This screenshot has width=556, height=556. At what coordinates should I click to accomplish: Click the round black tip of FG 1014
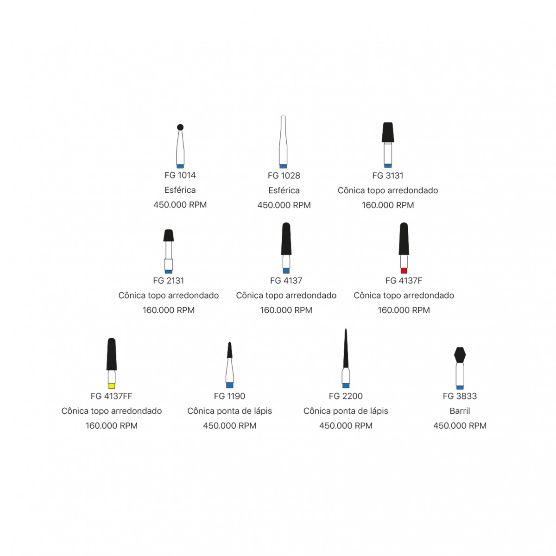point(180,127)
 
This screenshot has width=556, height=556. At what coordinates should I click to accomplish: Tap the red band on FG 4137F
point(404,270)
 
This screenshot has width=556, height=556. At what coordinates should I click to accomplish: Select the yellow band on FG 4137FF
point(111,386)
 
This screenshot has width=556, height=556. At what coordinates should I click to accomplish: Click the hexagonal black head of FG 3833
point(460,354)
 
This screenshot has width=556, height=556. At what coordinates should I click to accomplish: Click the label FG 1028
point(284,176)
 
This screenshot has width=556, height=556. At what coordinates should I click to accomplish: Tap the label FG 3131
point(387,176)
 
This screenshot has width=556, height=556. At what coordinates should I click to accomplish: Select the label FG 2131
point(168,280)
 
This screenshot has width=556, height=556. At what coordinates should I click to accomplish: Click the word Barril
point(460,411)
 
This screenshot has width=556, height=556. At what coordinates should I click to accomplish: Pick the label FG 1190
point(229,396)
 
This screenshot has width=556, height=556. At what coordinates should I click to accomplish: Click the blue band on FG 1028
point(283,166)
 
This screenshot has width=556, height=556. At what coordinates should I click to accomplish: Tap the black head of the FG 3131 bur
point(388,132)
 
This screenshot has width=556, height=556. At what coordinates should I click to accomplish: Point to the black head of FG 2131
point(169,235)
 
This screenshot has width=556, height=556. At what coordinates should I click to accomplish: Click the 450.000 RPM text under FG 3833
point(460,426)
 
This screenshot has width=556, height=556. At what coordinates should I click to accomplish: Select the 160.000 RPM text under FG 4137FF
point(111,426)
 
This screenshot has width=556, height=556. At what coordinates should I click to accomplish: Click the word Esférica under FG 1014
point(180,190)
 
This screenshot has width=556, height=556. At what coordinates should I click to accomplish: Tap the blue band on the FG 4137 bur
point(286,270)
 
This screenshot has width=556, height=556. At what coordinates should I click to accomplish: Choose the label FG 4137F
point(404,280)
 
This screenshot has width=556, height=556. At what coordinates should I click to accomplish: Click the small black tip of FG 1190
point(230,350)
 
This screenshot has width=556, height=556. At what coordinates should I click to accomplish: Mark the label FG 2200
point(346,396)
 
